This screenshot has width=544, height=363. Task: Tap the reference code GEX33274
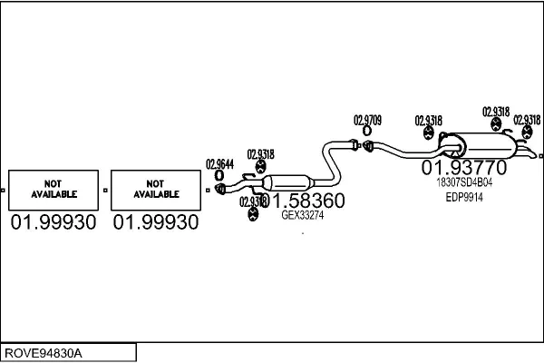pos(303,215)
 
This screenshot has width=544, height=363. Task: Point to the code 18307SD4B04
pos(465,181)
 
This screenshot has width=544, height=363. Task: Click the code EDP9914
pos(465,196)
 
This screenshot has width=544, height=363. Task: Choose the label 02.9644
pos(219,164)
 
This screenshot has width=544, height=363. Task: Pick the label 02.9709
pos(367,120)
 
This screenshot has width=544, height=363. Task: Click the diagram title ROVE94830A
pos(43,351)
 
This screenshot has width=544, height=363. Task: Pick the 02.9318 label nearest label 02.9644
pos(260,153)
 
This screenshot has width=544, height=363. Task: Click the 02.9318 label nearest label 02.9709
pos(428,120)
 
